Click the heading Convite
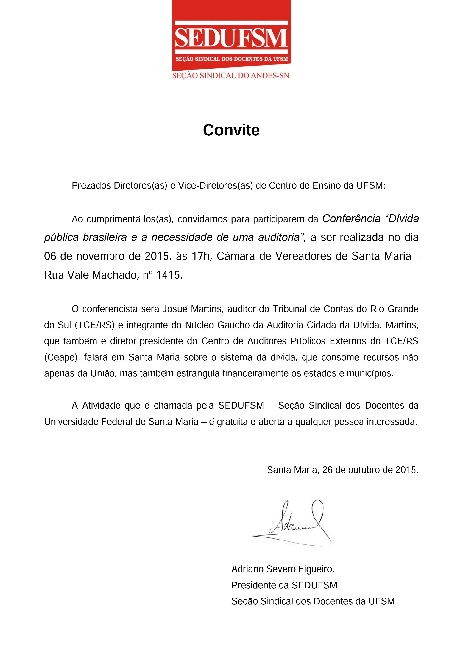point(231,130)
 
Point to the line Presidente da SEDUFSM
point(284,585)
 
